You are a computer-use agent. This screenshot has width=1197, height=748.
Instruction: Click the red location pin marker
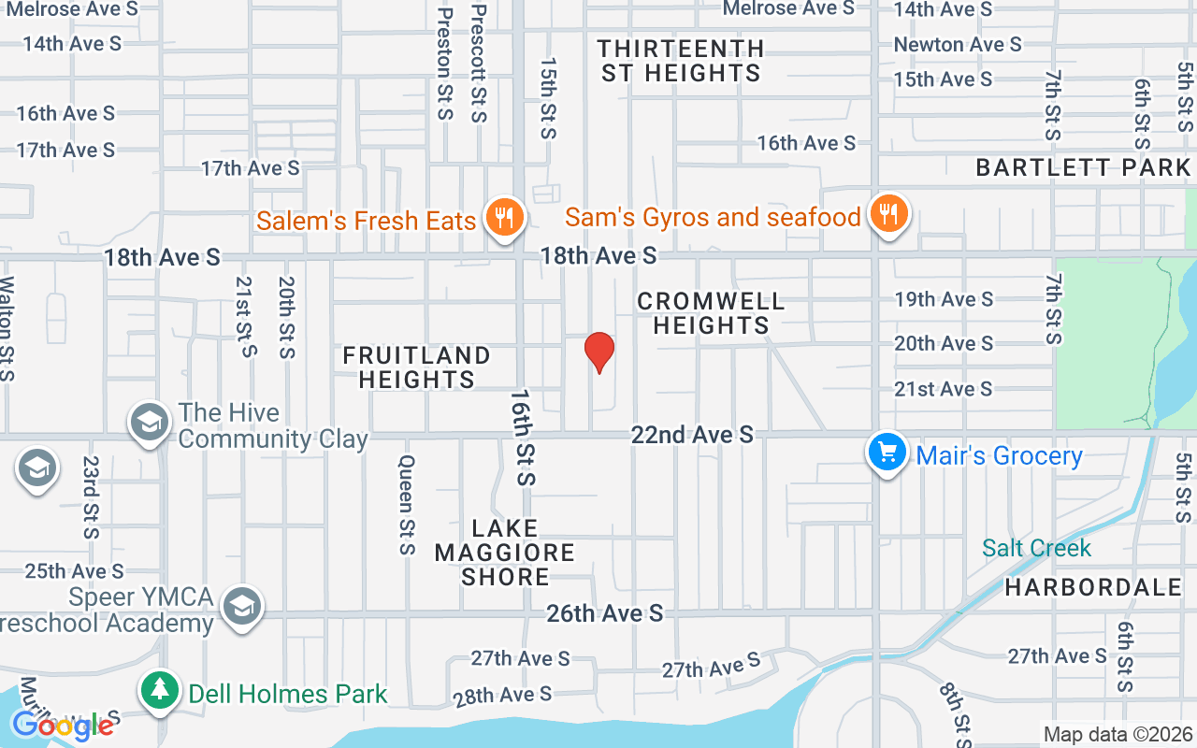tap(598, 352)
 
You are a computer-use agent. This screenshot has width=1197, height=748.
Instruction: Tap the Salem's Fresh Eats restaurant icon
tap(505, 218)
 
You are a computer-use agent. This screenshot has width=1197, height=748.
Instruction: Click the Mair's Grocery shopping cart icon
tap(886, 453)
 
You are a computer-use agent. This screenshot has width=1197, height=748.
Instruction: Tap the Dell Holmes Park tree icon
tap(161, 692)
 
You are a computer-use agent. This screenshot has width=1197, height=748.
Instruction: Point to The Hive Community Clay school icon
tap(148, 422)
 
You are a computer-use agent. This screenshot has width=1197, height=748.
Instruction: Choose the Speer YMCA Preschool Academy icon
tap(241, 606)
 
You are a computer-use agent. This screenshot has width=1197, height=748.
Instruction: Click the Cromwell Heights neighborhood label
tap(711, 313)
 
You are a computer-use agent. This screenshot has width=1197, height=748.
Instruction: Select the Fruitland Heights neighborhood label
tap(416, 367)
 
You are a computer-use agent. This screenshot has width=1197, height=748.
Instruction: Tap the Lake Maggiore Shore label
tap(505, 553)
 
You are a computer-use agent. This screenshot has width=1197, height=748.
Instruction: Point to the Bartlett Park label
tap(1083, 168)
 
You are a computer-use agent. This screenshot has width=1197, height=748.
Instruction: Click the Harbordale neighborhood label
tap(1093, 588)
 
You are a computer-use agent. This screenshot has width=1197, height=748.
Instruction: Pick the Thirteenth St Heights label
tap(681, 61)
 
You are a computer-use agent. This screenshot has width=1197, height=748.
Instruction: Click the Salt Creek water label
tap(1036, 548)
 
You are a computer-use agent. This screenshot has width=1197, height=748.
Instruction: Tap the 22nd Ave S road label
tap(692, 435)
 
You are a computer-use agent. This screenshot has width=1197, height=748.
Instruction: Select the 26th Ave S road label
tap(605, 613)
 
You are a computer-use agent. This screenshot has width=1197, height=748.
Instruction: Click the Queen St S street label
tap(407, 505)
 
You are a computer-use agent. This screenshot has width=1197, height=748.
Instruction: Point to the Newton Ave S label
tap(958, 44)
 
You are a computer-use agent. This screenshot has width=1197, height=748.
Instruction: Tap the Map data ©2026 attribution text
tap(1118, 735)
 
